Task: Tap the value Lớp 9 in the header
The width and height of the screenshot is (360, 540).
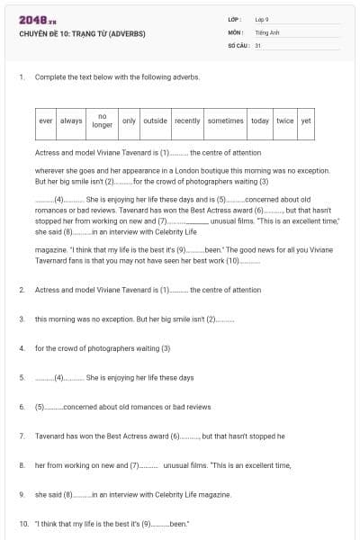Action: coord(262,19)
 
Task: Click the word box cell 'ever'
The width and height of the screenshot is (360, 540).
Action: coord(46,121)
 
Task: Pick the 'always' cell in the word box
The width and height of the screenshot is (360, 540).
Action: coord(71,121)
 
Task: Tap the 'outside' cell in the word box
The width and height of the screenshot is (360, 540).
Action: coord(156,121)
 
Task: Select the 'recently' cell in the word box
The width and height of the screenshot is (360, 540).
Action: coord(187,121)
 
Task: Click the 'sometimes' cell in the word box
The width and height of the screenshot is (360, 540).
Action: coord(225,121)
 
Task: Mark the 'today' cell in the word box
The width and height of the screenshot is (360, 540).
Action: coord(260,121)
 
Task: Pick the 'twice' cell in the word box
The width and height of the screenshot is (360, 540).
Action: coord(285,121)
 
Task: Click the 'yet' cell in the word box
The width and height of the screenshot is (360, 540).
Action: coord(306,121)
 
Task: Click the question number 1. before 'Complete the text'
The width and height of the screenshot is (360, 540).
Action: coord(21,77)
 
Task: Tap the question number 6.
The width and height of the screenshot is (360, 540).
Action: coord(21,407)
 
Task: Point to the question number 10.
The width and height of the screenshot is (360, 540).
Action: coord(22,523)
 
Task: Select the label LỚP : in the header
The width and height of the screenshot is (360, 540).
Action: coord(236,19)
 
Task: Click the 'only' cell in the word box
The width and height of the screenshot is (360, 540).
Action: coord(129,121)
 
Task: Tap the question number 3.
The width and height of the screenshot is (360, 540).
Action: coord(21,319)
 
